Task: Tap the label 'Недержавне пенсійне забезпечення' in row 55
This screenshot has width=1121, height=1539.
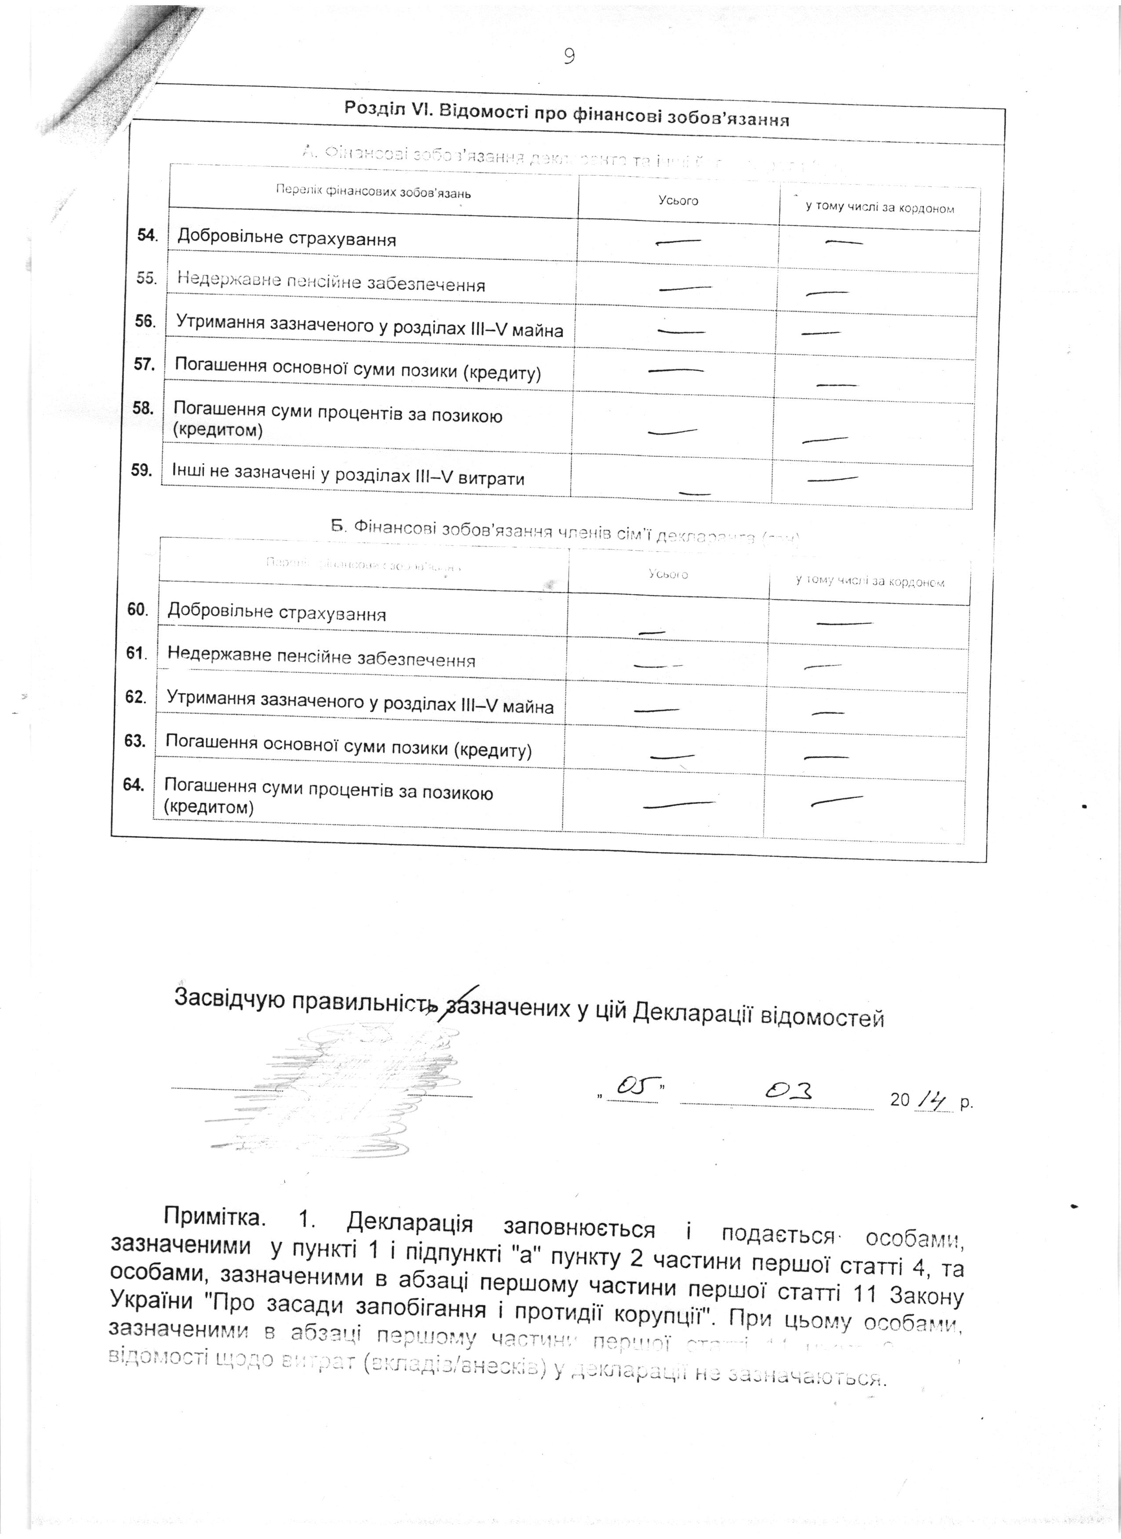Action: tap(331, 281)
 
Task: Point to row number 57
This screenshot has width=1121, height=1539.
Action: tap(145, 364)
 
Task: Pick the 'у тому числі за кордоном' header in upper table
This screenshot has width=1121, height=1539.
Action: tap(879, 207)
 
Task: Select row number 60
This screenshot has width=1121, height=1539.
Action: tap(138, 609)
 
